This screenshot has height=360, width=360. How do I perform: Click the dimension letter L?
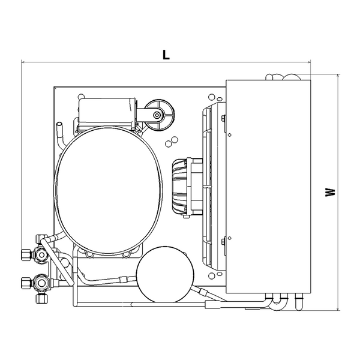(166, 55)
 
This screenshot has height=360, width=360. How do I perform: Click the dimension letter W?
(330, 192)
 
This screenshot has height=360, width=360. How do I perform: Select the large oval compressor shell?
(108, 191)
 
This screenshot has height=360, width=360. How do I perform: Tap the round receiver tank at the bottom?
(165, 274)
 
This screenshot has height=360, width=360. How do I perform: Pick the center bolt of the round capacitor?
(157, 115)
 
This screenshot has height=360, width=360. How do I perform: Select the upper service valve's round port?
(41, 254)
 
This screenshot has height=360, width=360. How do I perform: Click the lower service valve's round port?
(41, 283)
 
